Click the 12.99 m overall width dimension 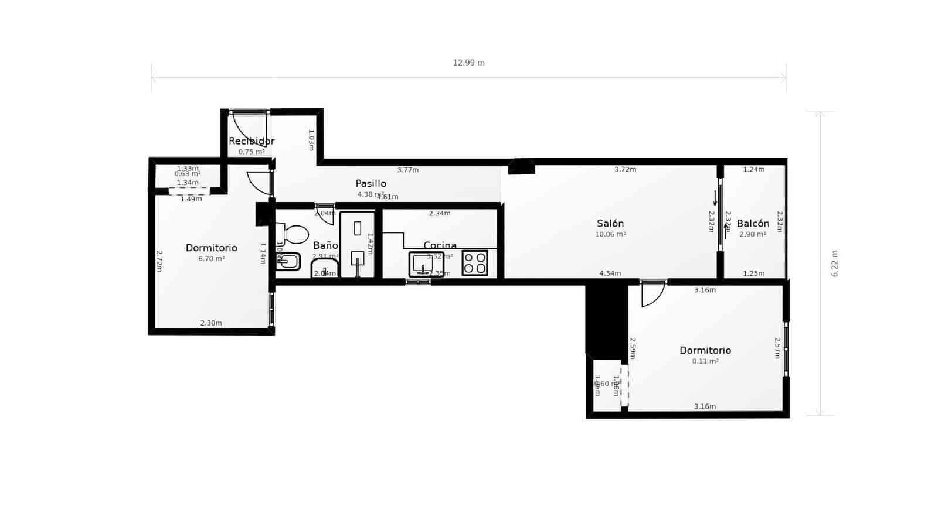point(468,63)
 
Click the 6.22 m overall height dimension point(835,263)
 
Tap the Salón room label point(610,224)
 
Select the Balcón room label point(753,224)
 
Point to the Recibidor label point(252,141)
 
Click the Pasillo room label point(371,183)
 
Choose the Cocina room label point(440,245)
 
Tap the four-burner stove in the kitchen point(475,263)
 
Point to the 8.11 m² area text point(705,361)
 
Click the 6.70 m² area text point(211,259)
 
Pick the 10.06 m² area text point(610,234)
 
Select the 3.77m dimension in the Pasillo point(408,170)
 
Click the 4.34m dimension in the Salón point(610,273)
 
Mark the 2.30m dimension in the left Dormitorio point(211,323)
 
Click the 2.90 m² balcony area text point(753,234)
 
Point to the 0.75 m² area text point(252,152)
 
